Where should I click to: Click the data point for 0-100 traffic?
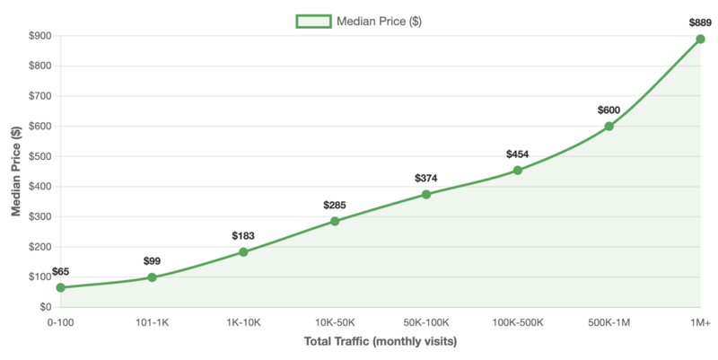(x=60, y=287)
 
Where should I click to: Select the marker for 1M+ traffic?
(x=700, y=39)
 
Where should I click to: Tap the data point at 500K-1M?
(x=609, y=126)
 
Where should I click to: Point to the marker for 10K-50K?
(x=335, y=221)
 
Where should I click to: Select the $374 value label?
(x=425, y=178)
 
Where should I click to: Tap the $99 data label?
(x=152, y=261)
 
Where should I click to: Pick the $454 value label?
(x=517, y=154)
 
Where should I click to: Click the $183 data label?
(x=243, y=236)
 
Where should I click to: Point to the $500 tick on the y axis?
(x=39, y=156)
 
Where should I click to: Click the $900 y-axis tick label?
(x=39, y=36)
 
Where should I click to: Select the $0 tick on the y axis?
(x=44, y=307)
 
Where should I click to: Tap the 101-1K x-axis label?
(x=152, y=321)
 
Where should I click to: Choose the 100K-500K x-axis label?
(x=517, y=321)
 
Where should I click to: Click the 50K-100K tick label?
(x=425, y=321)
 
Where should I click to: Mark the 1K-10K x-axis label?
(x=243, y=321)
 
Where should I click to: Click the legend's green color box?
(x=314, y=22)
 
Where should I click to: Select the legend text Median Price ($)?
(x=380, y=22)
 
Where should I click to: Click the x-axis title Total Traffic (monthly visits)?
(x=381, y=342)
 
